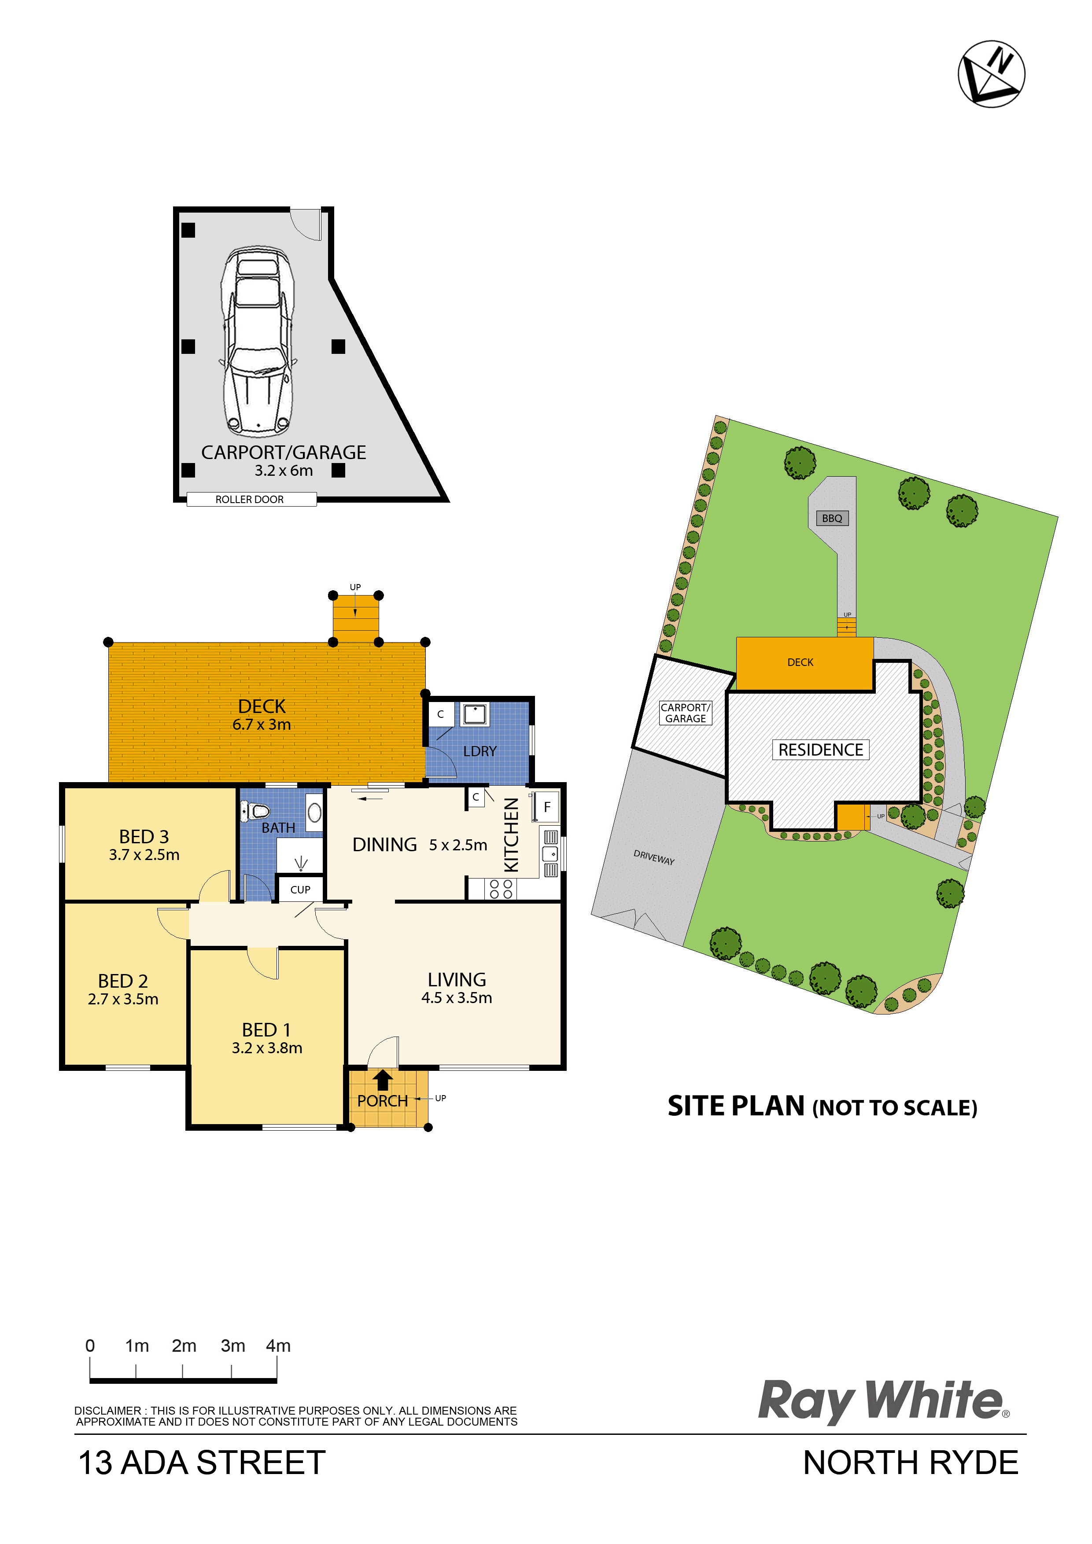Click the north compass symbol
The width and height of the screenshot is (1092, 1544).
[x=991, y=74]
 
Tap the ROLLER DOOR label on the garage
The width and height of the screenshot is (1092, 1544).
[x=250, y=500]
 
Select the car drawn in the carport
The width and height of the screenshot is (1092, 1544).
[x=258, y=341]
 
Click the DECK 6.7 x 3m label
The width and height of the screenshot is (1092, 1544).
[x=262, y=715]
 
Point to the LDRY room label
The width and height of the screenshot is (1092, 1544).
[x=480, y=751]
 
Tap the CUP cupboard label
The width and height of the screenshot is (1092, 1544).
[x=300, y=890]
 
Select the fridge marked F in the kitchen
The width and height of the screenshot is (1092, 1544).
[x=547, y=807]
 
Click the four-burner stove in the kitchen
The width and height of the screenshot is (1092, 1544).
[x=501, y=889]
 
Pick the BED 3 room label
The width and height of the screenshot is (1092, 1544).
[x=144, y=837]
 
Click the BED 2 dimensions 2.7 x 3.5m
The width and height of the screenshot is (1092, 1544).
[x=123, y=999]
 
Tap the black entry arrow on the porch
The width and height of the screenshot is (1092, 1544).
[x=383, y=1079]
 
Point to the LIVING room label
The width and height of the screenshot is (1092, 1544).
[x=457, y=980]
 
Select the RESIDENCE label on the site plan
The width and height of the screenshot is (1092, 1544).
[x=821, y=750]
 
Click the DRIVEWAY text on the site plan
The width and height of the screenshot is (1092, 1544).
[x=654, y=857]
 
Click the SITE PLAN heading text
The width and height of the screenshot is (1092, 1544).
[x=822, y=1106]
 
